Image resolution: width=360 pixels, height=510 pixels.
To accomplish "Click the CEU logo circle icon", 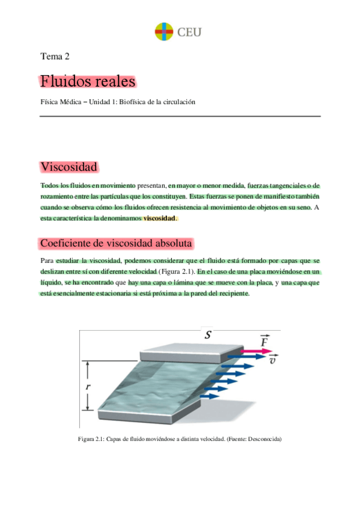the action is click(x=163, y=31).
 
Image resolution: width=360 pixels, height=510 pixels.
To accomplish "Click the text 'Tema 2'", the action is click(x=55, y=57).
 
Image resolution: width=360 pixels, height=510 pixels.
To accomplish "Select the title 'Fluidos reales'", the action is click(x=88, y=81).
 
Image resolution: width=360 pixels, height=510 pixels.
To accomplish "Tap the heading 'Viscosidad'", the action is click(x=69, y=167).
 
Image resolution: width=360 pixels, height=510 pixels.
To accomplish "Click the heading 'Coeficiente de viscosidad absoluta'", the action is click(x=116, y=243).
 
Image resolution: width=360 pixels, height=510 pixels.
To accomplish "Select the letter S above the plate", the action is click(x=207, y=334).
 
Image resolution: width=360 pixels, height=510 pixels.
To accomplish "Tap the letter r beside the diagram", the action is click(x=88, y=387).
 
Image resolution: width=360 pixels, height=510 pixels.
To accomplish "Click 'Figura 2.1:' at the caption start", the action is click(x=92, y=439).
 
